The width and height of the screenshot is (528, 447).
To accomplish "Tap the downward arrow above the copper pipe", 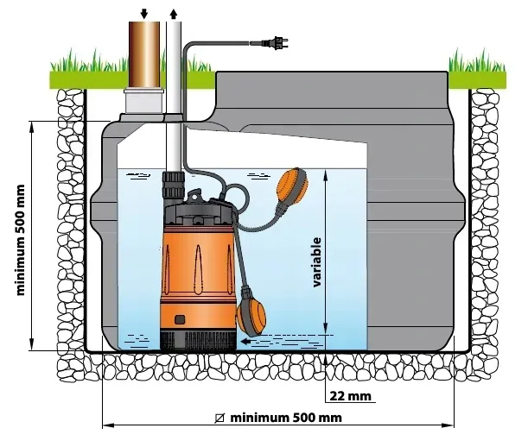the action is coord(144,13).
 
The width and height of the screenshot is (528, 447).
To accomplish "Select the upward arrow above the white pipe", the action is coord(174,14).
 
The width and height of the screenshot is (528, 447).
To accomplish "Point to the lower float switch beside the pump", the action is coord(251,315).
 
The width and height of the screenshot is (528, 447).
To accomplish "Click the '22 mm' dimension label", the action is coord(350,395).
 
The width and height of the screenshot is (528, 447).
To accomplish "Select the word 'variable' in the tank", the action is coord(317,262).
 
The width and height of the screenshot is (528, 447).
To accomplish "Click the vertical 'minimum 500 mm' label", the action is coord(21,240).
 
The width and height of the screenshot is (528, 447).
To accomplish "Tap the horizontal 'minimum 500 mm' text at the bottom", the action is coord(286,418).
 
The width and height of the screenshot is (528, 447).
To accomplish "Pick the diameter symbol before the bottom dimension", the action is coord(219,418).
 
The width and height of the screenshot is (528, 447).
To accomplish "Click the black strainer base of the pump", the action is coord(198,341).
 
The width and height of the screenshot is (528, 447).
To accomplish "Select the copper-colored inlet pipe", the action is coord(144,55).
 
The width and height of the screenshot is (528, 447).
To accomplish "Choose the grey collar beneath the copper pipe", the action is coord(143,101).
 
